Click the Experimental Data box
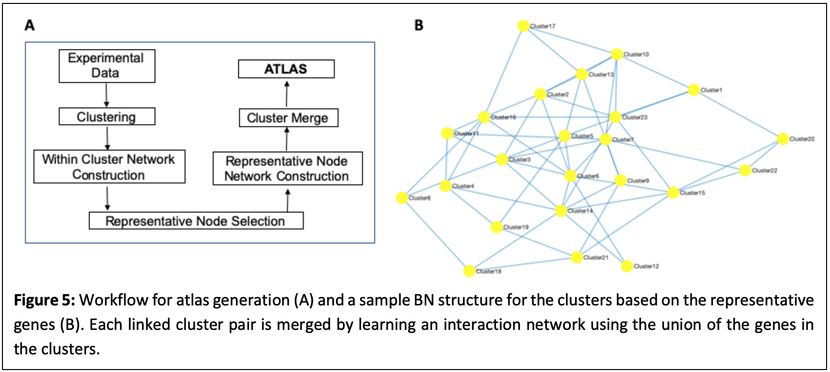pos(107,66)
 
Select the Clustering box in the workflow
pos(107,117)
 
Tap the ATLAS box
pos(286,69)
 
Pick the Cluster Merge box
pos(288,118)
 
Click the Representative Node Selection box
pos(196,221)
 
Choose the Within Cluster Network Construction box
pos(109,167)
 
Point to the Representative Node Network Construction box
pos(287,168)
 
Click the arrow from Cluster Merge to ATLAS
pos(287,93)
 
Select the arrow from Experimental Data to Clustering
pos(107,95)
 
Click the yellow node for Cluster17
pos(523,25)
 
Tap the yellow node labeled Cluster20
pos(783,139)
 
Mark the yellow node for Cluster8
pos(402,198)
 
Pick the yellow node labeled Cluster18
pos(469,271)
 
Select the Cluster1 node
pos(693,90)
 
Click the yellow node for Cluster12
pos(626,266)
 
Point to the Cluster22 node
pos(745,170)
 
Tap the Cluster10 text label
pos(636,54)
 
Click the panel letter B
pos(419,25)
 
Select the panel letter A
pos(30,25)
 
